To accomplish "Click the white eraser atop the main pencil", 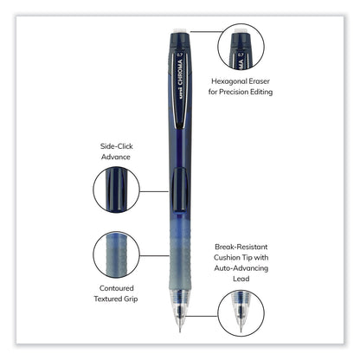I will coord(177,32).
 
